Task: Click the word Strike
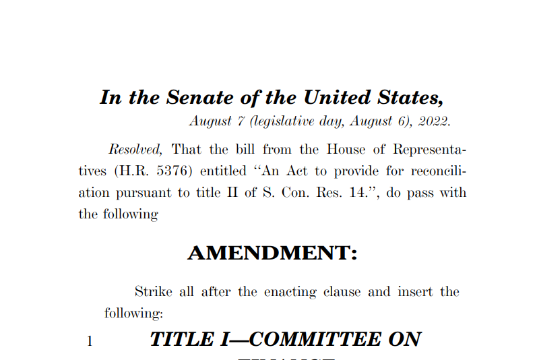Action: point(154,292)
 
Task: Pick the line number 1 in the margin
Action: point(89,341)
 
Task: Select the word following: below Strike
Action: point(133,313)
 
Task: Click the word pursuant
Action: point(143,193)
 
